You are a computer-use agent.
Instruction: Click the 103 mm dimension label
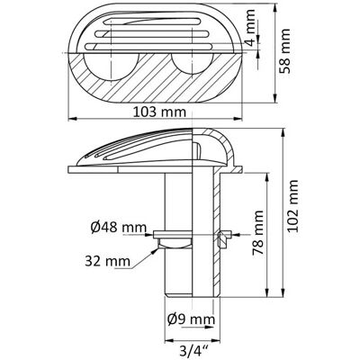(159, 112)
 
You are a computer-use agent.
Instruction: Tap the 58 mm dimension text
(284, 51)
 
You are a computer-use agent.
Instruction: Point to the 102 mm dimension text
(292, 205)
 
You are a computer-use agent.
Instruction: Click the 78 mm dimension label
(257, 232)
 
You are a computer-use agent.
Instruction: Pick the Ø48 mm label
(119, 229)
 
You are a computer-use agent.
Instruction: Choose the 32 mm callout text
(107, 261)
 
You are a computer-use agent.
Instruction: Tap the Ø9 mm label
(191, 319)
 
